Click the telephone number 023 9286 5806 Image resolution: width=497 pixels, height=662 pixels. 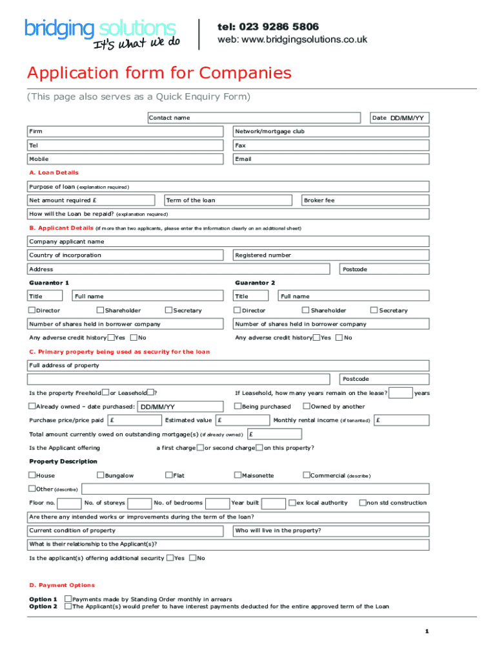tap(268, 27)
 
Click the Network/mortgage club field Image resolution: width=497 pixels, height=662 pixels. tap(330, 131)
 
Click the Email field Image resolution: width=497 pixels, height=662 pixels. tap(330, 159)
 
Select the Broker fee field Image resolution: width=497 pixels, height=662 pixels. tap(365, 200)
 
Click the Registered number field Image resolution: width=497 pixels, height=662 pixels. tap(330, 255)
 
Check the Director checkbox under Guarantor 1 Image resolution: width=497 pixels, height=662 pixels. tap(32, 310)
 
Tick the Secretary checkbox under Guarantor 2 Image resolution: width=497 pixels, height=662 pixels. tap(373, 310)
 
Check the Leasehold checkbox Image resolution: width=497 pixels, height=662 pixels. tap(150, 392)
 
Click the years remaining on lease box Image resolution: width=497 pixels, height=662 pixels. tap(401, 393)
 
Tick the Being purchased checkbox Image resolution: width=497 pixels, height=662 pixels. tap(237, 407)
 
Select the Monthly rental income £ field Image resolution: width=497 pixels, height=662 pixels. tap(401, 420)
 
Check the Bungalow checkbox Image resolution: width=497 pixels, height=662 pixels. tap(100, 475)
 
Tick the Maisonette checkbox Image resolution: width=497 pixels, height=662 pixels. tap(237, 475)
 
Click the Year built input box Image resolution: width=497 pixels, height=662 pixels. tap(274, 503)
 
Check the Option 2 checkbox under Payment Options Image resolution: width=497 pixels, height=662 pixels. tap(68, 606)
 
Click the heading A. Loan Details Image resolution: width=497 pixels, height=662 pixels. tap(54, 173)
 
